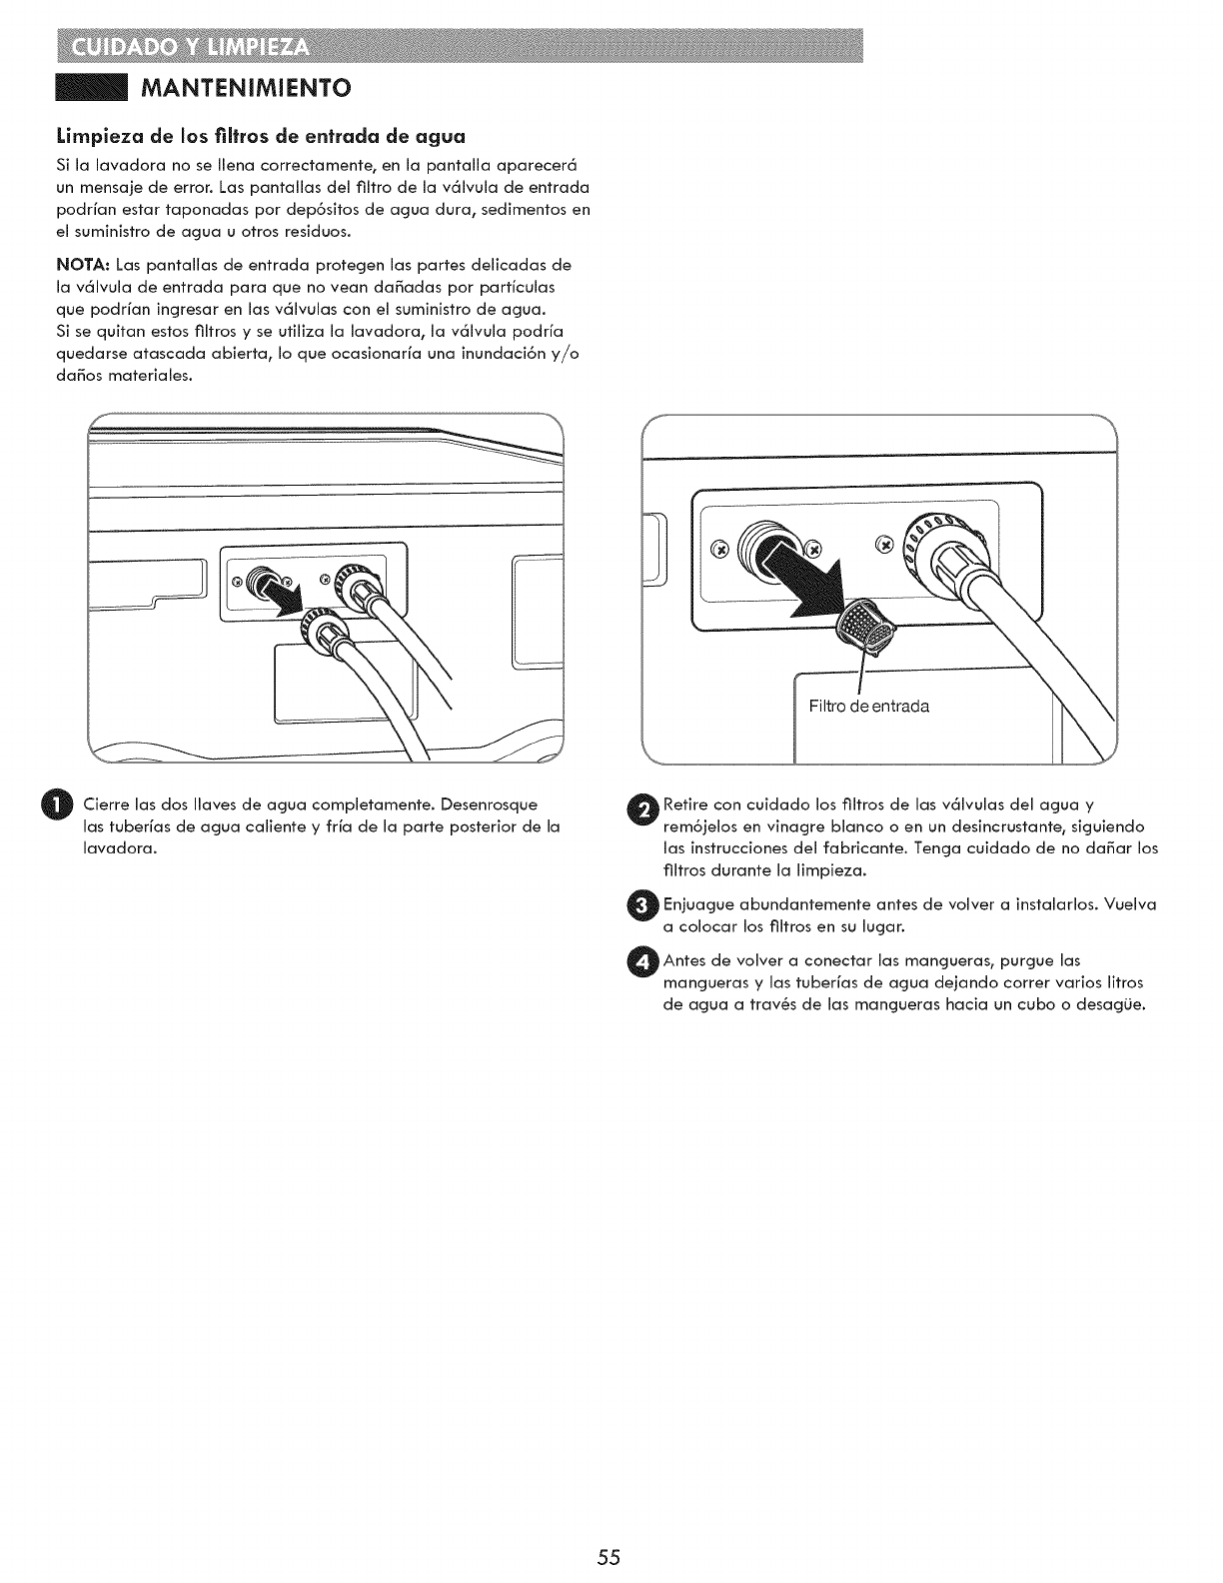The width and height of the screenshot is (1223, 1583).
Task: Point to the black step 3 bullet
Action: click(646, 905)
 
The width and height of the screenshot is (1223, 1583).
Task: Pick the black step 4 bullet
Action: click(646, 961)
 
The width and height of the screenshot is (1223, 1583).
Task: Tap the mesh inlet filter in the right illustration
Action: click(867, 628)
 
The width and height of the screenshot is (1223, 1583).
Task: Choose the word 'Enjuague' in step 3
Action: click(698, 905)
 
